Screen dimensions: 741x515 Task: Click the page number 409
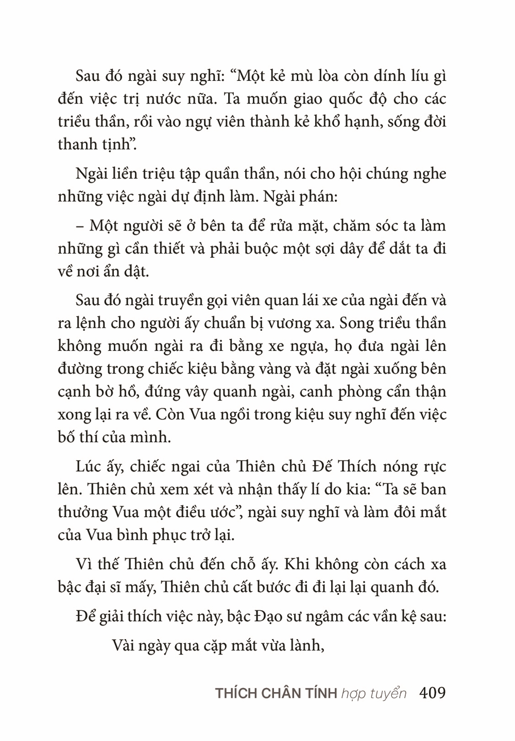(433, 692)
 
